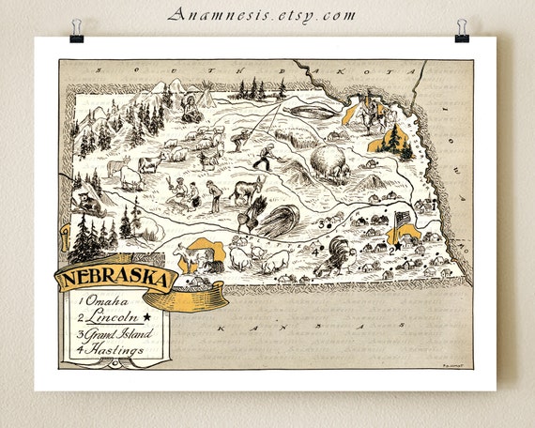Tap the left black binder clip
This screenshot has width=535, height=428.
[76, 31]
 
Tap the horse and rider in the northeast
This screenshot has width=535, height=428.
[376, 115]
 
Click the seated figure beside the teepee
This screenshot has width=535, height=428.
[191, 113]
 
